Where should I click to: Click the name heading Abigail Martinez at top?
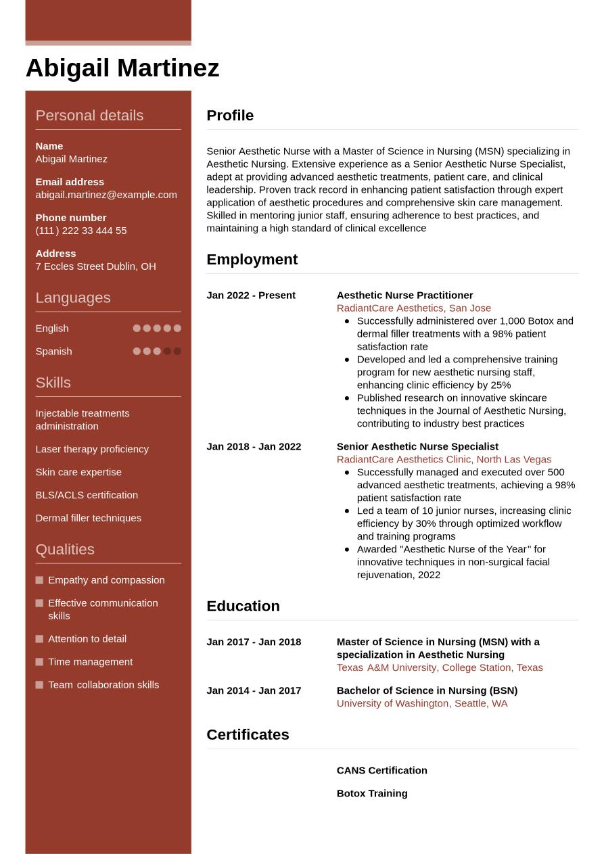coord(122,68)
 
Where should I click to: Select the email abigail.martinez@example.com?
coord(106,195)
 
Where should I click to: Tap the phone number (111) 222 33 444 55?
coord(81,231)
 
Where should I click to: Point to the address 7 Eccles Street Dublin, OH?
coord(95,266)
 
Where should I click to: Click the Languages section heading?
coord(72,298)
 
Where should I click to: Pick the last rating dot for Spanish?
coord(177,352)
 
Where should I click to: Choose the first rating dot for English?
coord(137,329)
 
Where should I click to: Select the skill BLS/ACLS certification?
coord(87,495)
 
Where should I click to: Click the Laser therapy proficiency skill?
coord(92,449)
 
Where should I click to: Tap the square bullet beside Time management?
coord(39,662)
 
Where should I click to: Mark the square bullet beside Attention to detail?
coord(39,639)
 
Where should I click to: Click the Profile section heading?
coord(230,116)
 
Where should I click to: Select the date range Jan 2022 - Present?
coord(251,295)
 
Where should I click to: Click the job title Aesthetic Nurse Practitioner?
coord(404,295)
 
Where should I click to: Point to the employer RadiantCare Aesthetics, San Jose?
coord(414,308)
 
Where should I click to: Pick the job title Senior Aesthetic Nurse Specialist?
coord(417,447)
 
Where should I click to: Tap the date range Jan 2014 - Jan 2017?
coord(254,690)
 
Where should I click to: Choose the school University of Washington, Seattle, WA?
coord(422,703)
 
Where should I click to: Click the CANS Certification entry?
coord(382,771)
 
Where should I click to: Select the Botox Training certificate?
coord(372,794)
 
